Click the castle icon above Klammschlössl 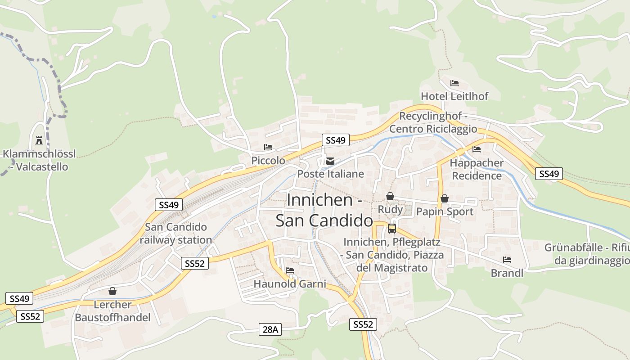coord(39,140)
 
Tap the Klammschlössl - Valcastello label coord(39,160)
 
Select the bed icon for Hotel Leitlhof coord(454,83)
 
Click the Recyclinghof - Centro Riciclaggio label coord(433,122)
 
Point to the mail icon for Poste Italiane coord(330,161)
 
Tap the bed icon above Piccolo coord(268,147)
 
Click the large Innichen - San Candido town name coord(324,210)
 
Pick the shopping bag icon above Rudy coord(390,196)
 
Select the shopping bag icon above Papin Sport coord(445,198)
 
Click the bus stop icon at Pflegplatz coord(392,228)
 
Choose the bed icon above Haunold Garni coord(290,270)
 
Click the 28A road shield coord(270,329)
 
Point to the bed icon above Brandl coord(507,260)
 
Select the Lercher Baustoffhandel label coord(112,311)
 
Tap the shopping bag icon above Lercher coord(112,291)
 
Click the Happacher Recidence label coord(477,169)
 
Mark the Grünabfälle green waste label coord(587,254)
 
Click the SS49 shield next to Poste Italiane coord(336,140)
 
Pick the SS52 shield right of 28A coord(363,324)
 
